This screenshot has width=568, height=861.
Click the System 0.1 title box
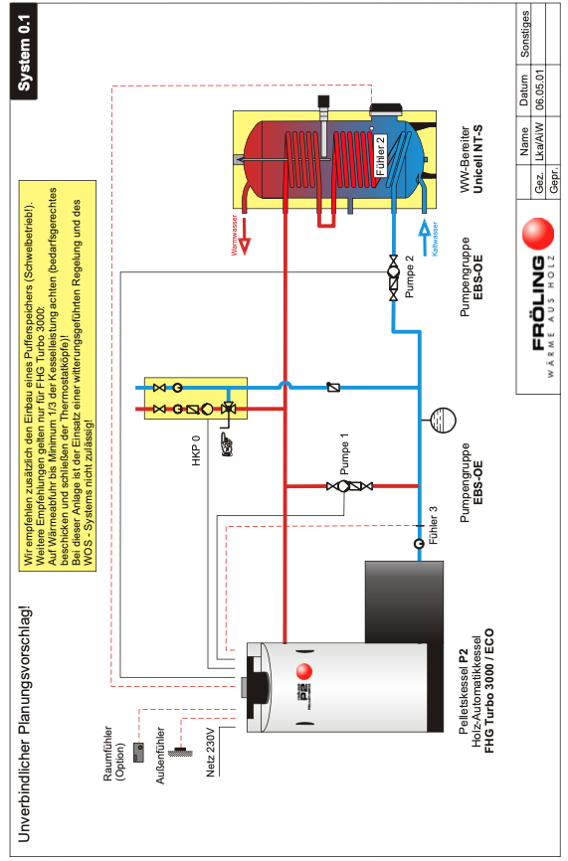tap(24, 52)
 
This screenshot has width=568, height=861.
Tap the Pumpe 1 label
tap(344, 454)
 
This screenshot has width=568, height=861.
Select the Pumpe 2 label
tap(409, 277)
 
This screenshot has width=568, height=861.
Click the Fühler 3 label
tap(434, 526)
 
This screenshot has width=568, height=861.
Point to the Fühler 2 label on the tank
tap(380, 156)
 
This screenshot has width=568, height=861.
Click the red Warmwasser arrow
tap(245, 237)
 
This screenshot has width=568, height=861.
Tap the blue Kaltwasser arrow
tap(424, 238)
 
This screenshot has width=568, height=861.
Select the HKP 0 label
tap(196, 450)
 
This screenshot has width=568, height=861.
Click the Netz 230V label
tap(211, 753)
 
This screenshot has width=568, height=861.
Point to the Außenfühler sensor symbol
tap(180, 751)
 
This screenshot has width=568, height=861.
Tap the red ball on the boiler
tap(303, 671)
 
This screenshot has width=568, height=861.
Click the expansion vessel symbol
tap(443, 421)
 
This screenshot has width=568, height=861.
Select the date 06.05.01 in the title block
tap(539, 89)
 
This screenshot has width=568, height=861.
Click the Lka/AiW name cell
tap(539, 140)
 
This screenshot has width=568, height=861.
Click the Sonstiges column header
tap(525, 34)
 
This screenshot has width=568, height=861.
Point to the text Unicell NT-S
tap(477, 159)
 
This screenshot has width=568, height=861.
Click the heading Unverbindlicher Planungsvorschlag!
tap(24, 724)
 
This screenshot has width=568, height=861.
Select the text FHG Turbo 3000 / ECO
tap(488, 690)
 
